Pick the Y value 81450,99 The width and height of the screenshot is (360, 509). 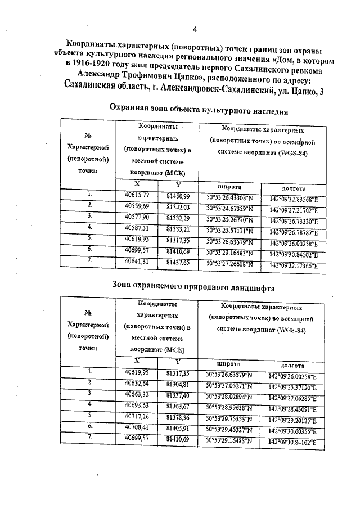[x=178, y=196]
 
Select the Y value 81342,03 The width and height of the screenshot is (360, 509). [x=178, y=207]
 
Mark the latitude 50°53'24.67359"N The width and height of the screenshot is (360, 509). [x=231, y=209]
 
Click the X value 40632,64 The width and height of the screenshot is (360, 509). [x=136, y=384]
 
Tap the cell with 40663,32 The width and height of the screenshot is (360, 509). [x=136, y=395]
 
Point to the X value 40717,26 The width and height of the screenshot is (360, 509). [x=136, y=416]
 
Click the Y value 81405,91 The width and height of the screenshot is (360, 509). [x=178, y=428]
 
